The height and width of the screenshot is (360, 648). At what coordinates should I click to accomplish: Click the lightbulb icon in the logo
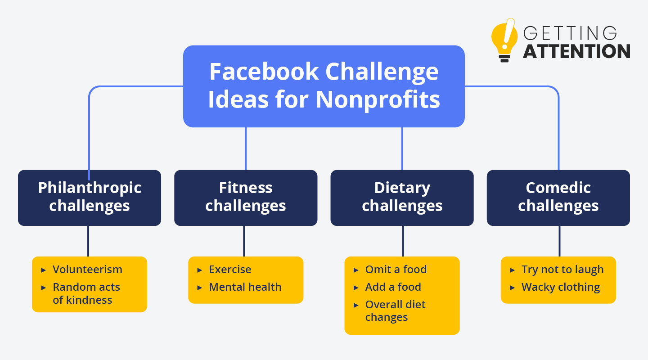504,40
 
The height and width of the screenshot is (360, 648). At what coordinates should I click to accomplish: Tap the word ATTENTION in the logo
576,51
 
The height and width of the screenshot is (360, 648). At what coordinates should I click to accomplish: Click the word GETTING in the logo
570,33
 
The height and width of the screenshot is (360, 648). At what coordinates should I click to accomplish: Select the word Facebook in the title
264,72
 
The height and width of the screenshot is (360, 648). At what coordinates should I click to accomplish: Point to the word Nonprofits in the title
378,100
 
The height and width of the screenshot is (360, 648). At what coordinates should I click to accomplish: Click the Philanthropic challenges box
90,198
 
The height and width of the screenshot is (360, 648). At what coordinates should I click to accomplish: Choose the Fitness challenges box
246,198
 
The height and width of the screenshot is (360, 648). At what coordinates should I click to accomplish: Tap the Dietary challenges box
402,198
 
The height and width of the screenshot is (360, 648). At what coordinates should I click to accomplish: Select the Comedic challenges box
558,198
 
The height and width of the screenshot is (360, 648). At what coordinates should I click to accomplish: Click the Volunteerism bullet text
87,270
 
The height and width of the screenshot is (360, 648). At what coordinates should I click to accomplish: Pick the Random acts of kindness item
86,293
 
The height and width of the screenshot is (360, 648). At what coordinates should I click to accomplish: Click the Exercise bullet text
230,270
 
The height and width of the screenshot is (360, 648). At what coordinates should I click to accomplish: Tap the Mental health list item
245,287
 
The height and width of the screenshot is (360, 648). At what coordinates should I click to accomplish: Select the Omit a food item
396,270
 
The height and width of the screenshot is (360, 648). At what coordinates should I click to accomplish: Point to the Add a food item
393,287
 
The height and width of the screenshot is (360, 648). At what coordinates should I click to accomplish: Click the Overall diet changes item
395,311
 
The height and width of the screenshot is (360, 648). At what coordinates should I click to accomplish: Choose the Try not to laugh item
562,270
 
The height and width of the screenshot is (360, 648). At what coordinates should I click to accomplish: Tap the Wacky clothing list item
561,288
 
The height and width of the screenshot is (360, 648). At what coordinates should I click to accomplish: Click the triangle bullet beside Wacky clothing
512,288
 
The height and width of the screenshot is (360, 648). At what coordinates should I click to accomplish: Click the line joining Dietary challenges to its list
403,241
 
